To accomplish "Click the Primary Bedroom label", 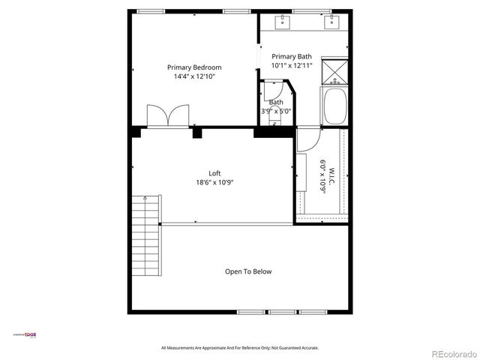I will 193,67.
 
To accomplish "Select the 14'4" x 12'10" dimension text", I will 193,76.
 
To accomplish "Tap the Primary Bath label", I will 291,57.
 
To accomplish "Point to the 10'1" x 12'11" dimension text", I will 291,66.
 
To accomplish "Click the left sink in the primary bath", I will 283,22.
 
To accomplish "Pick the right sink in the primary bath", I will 330,22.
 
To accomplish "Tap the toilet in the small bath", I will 273,120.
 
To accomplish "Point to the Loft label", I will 214,173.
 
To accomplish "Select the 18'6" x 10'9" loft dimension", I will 214,182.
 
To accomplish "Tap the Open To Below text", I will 248,271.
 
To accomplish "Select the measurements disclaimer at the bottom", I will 240,348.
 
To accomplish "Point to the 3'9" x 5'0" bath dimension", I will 276,111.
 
